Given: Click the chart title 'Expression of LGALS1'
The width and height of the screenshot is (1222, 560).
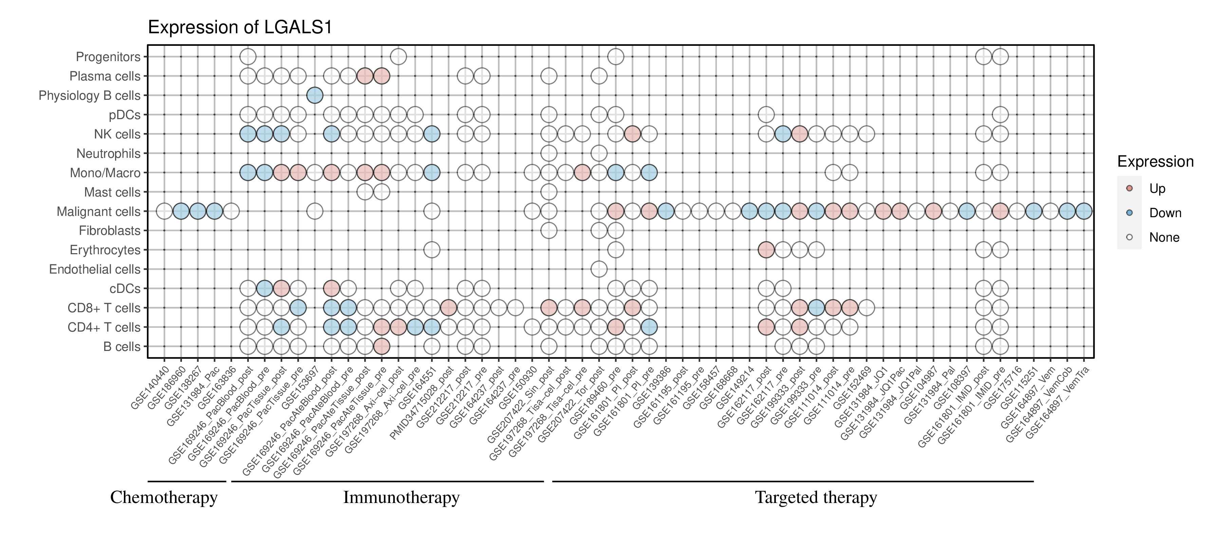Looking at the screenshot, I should [240, 27].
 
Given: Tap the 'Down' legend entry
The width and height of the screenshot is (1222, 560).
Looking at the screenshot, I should [1165, 213].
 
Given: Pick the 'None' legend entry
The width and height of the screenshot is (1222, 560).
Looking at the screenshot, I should [1164, 238].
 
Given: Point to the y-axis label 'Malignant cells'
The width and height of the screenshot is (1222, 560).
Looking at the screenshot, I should [99, 211].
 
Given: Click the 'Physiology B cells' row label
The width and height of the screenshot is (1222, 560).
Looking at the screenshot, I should [90, 95].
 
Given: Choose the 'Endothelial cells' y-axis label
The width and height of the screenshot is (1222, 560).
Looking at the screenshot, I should [95, 269].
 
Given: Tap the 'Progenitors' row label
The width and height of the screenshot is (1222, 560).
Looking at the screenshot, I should [108, 57].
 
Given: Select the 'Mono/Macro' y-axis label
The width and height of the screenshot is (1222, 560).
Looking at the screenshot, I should [105, 173].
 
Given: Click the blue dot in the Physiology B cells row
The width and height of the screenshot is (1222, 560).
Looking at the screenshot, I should [315, 95].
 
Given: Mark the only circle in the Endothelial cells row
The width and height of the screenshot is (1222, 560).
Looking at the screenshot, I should [599, 269].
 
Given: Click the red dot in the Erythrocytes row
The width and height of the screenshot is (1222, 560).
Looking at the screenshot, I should [766, 250].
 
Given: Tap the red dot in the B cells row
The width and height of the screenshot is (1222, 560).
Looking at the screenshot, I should [382, 347].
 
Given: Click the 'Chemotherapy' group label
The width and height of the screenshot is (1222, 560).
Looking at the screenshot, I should [164, 498].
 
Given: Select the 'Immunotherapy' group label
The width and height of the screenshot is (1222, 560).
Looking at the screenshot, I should [401, 498].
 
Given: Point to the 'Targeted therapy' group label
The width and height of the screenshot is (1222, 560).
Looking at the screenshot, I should [816, 498].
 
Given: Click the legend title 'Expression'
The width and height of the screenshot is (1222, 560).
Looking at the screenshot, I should [1155, 162].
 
